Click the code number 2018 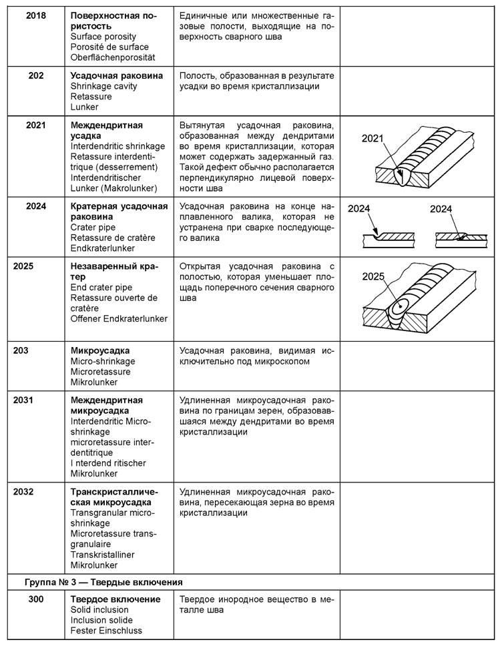point(36,15)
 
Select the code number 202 point(36,75)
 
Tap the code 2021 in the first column point(36,125)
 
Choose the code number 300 point(36,599)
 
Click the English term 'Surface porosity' point(103,36)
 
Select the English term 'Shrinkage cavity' point(105,86)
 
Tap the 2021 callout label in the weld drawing point(373,138)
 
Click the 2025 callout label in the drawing point(374,277)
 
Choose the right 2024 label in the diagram point(441,209)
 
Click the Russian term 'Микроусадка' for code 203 point(100,350)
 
